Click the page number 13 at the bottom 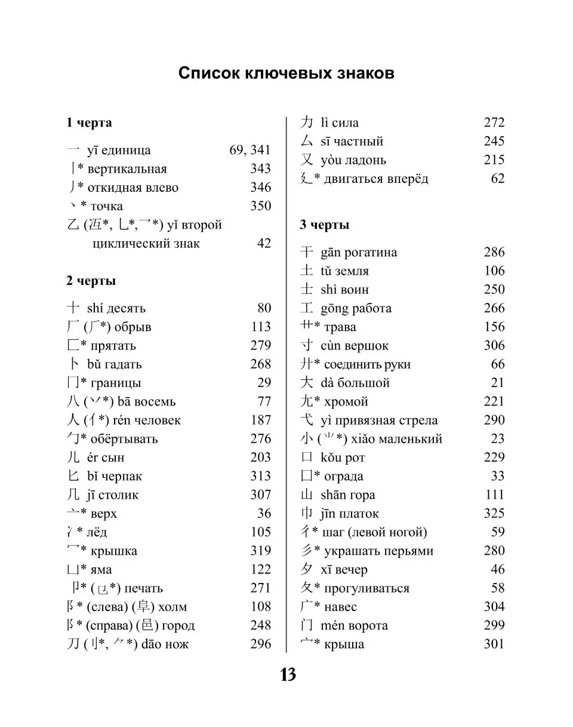(x=288, y=675)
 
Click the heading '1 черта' (x=89, y=123)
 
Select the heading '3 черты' (x=324, y=225)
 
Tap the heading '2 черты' (x=91, y=281)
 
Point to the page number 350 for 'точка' (x=260, y=206)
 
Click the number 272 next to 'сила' (x=494, y=123)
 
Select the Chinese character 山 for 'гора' (x=307, y=495)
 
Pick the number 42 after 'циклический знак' (x=263, y=244)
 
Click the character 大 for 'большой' (x=307, y=383)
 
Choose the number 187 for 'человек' (x=260, y=421)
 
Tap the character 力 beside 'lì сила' (x=307, y=123)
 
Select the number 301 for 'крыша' (x=494, y=645)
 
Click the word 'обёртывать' (x=124, y=439)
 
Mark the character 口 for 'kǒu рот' (x=307, y=458)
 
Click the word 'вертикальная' (x=127, y=169)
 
